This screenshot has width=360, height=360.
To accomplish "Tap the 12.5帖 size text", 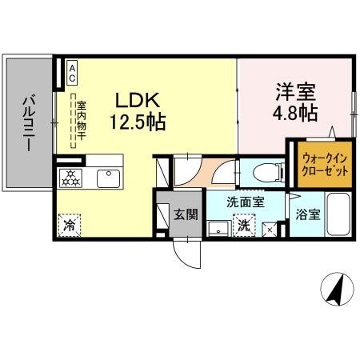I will (139, 123).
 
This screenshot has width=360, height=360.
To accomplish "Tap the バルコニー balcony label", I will (27, 125).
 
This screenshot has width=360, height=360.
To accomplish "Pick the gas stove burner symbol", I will (70, 178).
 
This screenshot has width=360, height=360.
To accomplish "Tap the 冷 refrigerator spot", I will (70, 226).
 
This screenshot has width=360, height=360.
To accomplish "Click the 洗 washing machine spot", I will (244, 226).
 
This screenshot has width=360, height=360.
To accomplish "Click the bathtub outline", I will (337, 214).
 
